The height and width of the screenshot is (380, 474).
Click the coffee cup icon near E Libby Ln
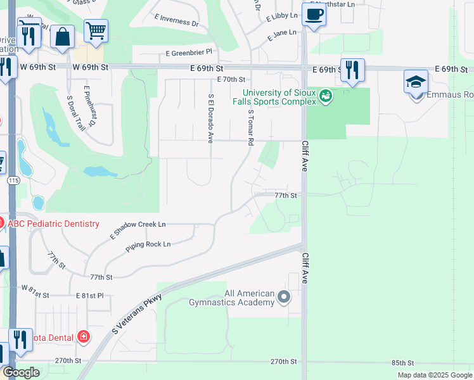click(314, 14)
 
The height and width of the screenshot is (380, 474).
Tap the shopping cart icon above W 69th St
click(96, 30)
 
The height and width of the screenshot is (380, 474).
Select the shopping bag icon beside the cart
click(63, 37)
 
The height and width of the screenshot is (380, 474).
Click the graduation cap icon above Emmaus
click(416, 82)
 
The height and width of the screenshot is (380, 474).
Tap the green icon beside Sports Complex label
click(326, 96)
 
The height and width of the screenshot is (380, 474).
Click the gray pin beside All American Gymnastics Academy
click(284, 296)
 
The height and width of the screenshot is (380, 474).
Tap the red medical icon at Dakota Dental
click(83, 337)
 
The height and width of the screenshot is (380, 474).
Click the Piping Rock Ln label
click(148, 244)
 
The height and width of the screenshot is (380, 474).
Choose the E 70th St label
click(231, 80)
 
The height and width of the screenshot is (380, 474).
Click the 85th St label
click(402, 363)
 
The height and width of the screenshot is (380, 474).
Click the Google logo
click(22, 372)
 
